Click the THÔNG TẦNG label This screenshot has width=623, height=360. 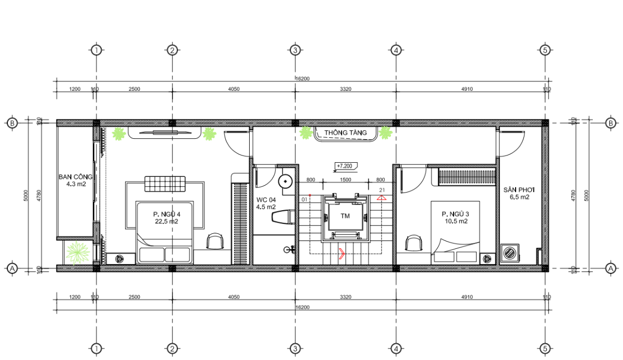click(345, 133)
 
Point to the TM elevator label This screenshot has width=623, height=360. click(345, 216)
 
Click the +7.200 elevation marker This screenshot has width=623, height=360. click(345, 166)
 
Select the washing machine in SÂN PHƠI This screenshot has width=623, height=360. click(510, 253)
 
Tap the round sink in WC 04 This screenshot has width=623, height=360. click(285, 182)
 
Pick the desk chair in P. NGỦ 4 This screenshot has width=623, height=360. click(215, 242)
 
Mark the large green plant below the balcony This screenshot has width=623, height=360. click(78, 252)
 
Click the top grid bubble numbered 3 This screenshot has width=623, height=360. click(295, 50)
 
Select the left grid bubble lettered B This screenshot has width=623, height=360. click(12, 123)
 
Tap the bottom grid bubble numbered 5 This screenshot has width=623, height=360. click(545, 349)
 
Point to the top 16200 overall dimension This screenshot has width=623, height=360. click(302, 78)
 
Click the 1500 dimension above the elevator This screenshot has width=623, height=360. click(345, 180)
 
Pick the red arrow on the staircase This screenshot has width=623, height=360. click(341, 253)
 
